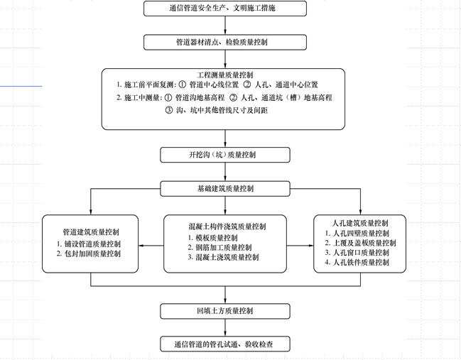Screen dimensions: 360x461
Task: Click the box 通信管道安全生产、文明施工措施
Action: coord(225,9)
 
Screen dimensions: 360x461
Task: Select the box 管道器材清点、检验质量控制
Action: coord(225,42)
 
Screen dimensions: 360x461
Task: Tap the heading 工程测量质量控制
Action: coord(225,74)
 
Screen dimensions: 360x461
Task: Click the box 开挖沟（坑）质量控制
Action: coord(225,155)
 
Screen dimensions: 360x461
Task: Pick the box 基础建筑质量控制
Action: coord(225,189)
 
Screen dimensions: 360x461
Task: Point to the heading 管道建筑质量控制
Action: coord(91,231)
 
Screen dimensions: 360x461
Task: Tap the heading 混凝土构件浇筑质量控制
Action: coord(225,227)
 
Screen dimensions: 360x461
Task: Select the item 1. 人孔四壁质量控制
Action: coord(360,233)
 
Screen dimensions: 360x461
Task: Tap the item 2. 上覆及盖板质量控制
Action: coord(362,243)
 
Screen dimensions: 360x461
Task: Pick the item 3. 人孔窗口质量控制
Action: coord(360,253)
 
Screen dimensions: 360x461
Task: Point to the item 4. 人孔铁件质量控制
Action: coord(360,263)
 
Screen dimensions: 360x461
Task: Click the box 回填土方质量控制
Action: coord(225,311)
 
